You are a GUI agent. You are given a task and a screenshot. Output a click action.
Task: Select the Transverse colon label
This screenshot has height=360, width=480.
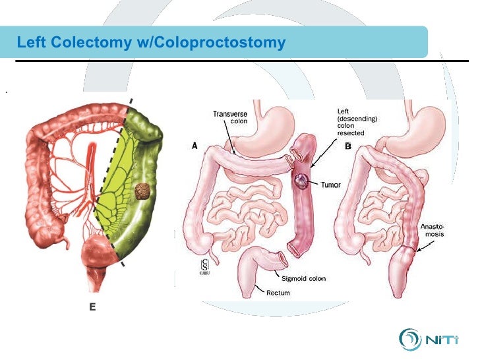click(230, 117)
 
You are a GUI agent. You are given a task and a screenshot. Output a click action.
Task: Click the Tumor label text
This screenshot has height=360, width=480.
click(331, 185)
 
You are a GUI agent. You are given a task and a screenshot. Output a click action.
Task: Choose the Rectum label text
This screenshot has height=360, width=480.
click(278, 292)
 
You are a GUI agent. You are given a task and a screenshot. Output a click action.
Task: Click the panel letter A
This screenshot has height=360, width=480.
click(195, 147)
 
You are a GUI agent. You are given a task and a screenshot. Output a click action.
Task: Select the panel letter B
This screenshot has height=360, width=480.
click(347, 146)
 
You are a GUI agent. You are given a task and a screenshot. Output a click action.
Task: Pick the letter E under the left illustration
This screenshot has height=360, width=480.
click(93, 306)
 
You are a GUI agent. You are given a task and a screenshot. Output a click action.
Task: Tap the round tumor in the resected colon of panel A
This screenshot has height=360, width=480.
click(302, 181)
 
